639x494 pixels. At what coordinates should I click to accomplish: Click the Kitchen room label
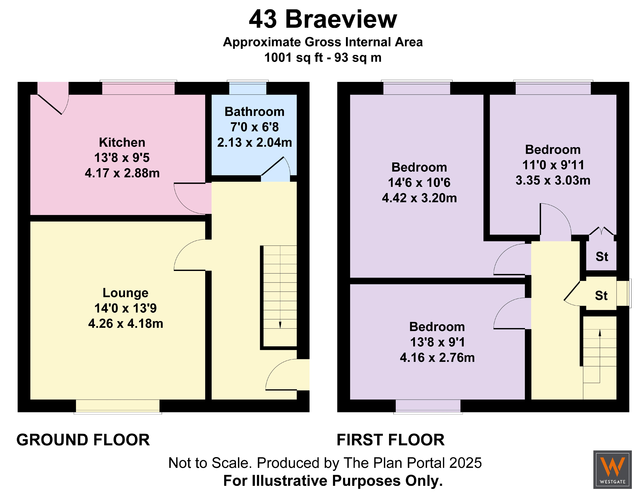pyautogui.click(x=122, y=142)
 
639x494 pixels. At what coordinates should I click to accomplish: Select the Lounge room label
pyautogui.click(x=125, y=293)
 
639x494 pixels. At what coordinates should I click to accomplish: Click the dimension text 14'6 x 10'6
pyautogui.click(x=419, y=183)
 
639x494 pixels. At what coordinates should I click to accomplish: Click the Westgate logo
pyautogui.click(x=612, y=469)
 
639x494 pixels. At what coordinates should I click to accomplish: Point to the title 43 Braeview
pyautogui.click(x=323, y=19)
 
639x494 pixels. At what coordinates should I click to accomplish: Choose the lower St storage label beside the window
pyautogui.click(x=601, y=296)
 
